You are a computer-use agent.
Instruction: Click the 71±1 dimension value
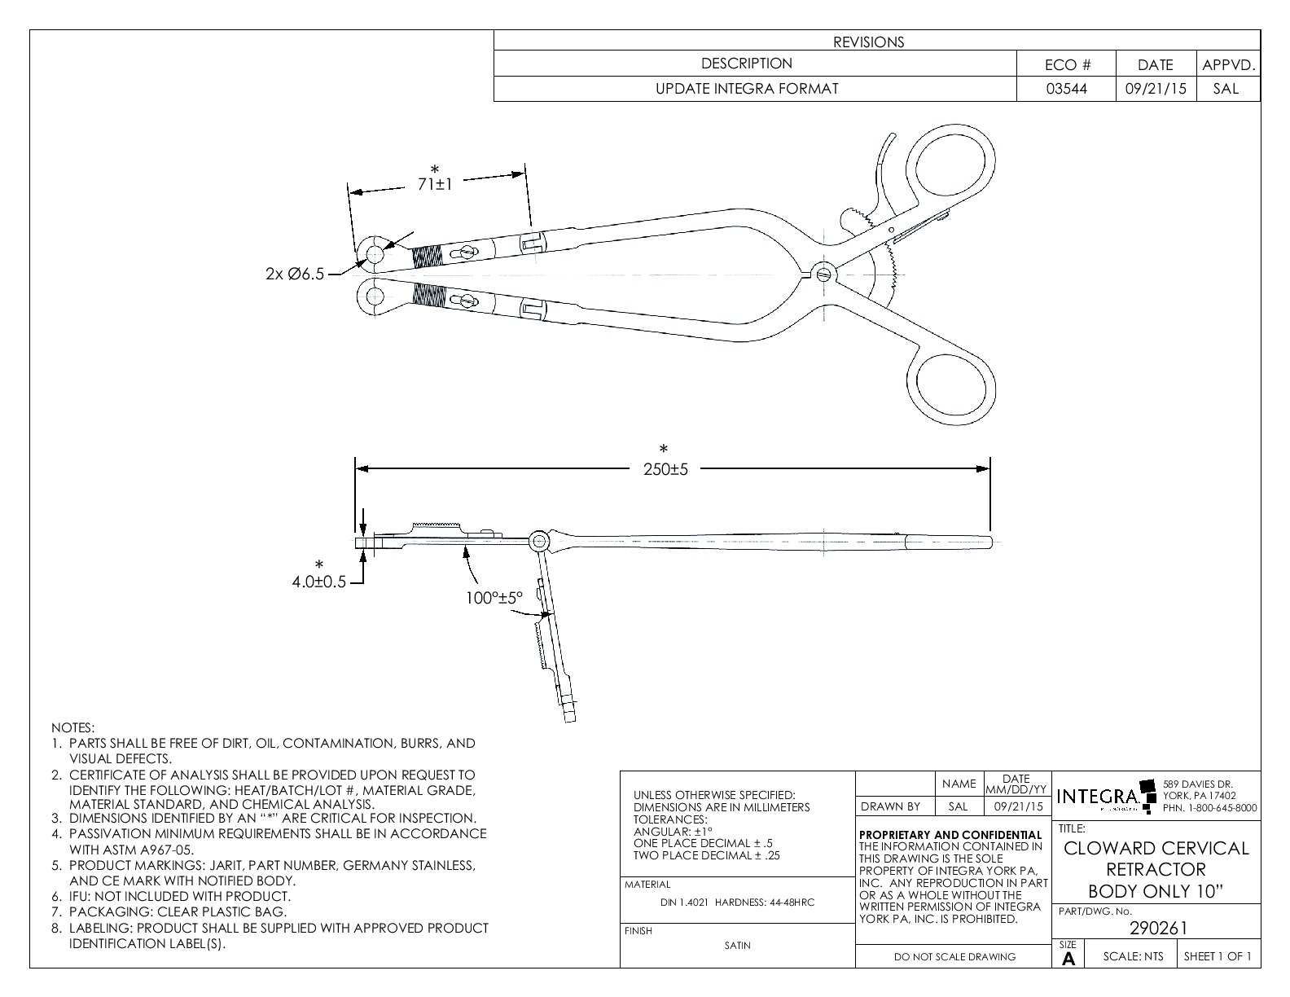click(435, 185)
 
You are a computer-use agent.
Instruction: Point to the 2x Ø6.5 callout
click(294, 275)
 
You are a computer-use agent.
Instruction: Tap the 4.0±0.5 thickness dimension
click(319, 582)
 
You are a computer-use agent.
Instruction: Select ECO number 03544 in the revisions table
click(1067, 89)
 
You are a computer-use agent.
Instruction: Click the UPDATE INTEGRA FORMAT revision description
click(747, 89)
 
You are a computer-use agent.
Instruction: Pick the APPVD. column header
click(1227, 65)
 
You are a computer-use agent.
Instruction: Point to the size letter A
click(1068, 960)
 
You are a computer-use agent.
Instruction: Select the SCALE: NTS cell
click(1133, 956)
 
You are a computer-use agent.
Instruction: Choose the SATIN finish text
click(737, 946)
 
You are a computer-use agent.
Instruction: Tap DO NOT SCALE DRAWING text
click(954, 957)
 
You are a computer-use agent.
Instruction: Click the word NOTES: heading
click(73, 727)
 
